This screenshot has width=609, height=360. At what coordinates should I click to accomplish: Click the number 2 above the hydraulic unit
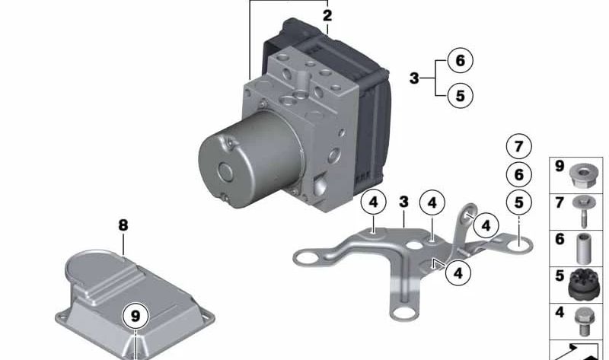click(327, 15)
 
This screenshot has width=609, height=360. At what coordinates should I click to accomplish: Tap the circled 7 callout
click(518, 146)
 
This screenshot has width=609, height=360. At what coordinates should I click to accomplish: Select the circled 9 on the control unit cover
click(135, 314)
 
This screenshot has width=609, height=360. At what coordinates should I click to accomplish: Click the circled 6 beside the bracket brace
click(460, 59)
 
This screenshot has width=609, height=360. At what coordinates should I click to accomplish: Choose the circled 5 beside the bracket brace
click(460, 95)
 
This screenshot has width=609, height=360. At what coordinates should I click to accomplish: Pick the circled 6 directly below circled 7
click(518, 174)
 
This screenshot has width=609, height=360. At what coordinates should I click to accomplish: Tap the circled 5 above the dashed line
click(518, 202)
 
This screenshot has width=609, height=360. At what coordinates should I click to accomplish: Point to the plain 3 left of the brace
click(414, 78)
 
